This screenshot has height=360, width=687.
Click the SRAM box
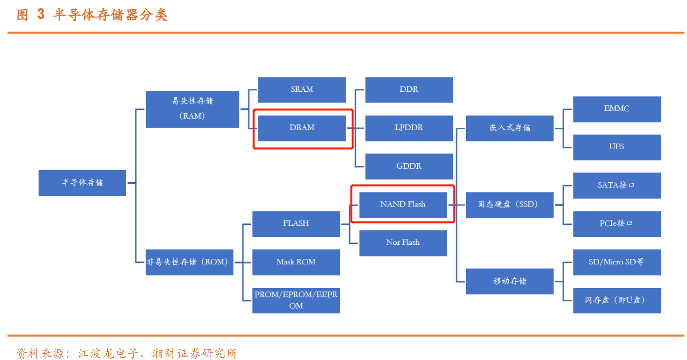click(302, 90)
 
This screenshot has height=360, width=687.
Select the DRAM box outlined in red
click(302, 128)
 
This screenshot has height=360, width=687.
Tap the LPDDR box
click(409, 128)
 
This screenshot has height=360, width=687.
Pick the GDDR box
click(409, 166)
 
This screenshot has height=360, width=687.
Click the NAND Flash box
click(402, 205)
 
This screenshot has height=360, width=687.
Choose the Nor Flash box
click(402, 243)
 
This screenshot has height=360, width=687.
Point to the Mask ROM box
click(296, 262)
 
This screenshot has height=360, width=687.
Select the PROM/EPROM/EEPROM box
click(296, 300)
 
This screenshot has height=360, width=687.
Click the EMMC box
click(617, 109)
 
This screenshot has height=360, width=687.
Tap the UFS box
click(617, 147)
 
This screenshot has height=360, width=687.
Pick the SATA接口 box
click(617, 185)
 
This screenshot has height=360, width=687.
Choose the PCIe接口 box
click(617, 223)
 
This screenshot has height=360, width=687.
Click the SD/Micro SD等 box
click(617, 262)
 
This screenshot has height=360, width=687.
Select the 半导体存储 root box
click(82, 183)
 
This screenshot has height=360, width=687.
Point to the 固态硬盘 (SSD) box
click(509, 205)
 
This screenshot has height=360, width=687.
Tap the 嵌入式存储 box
click(509, 128)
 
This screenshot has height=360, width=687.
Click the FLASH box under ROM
click(296, 223)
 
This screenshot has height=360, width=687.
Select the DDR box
click(409, 90)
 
